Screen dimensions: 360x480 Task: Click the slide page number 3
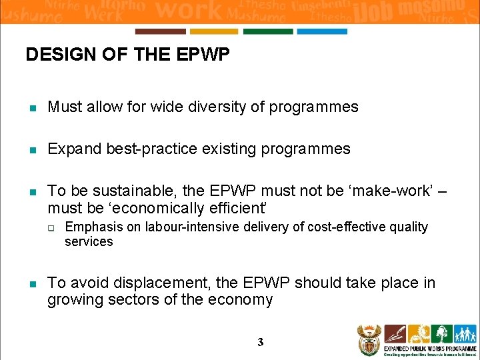pyautogui.click(x=261, y=342)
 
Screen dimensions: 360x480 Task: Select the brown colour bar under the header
pyautogui.click(x=160, y=31)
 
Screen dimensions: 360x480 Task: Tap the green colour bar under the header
pyautogui.click(x=268, y=31)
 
